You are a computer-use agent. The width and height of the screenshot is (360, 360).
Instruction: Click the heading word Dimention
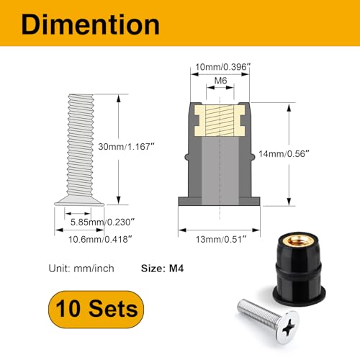pyautogui.click(x=90, y=24)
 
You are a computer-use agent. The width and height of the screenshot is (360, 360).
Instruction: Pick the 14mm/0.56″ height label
pyautogui.click(x=316, y=153)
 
